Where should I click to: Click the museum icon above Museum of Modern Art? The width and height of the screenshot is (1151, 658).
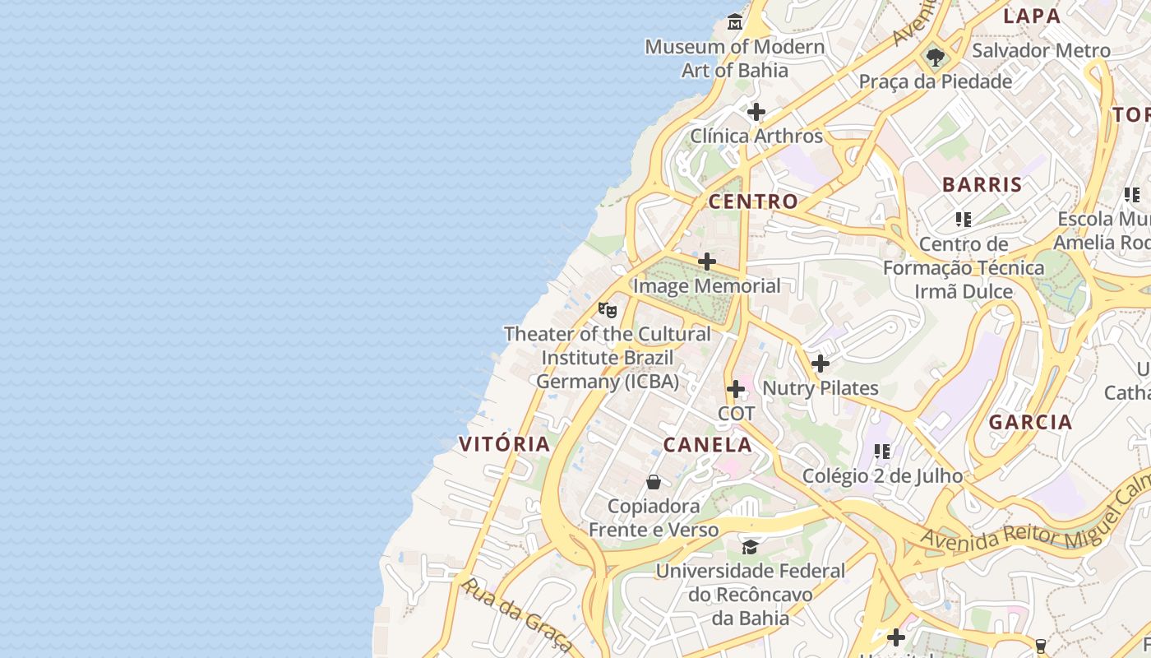(x=735, y=21)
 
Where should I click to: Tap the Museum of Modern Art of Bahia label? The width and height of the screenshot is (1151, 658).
(x=734, y=58)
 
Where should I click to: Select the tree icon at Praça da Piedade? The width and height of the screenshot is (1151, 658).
(x=935, y=58)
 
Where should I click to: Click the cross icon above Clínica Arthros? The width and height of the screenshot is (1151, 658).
(x=756, y=112)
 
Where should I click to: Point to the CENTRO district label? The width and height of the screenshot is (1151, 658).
(x=753, y=202)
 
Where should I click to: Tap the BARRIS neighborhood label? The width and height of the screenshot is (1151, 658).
(x=982, y=184)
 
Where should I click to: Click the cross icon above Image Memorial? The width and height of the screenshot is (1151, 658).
(x=707, y=262)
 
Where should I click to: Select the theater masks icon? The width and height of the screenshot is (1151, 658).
(x=608, y=310)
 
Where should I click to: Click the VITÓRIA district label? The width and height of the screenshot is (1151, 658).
(x=504, y=444)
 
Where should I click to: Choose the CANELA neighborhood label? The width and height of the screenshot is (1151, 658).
(x=707, y=445)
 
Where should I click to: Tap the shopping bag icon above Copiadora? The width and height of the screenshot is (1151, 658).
(x=654, y=482)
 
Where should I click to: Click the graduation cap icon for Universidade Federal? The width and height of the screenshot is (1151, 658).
(x=750, y=547)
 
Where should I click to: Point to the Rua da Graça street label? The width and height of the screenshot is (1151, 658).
(x=515, y=614)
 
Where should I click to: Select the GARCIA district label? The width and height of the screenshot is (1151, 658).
(x=1030, y=423)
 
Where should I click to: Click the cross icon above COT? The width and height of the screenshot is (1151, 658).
(x=736, y=389)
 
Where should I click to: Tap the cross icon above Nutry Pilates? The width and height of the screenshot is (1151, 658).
(x=820, y=364)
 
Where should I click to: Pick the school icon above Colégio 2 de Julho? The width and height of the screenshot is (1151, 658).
(x=882, y=451)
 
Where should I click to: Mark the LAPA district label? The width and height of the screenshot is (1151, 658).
(x=1032, y=16)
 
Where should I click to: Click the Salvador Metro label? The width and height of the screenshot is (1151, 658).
(x=1041, y=50)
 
